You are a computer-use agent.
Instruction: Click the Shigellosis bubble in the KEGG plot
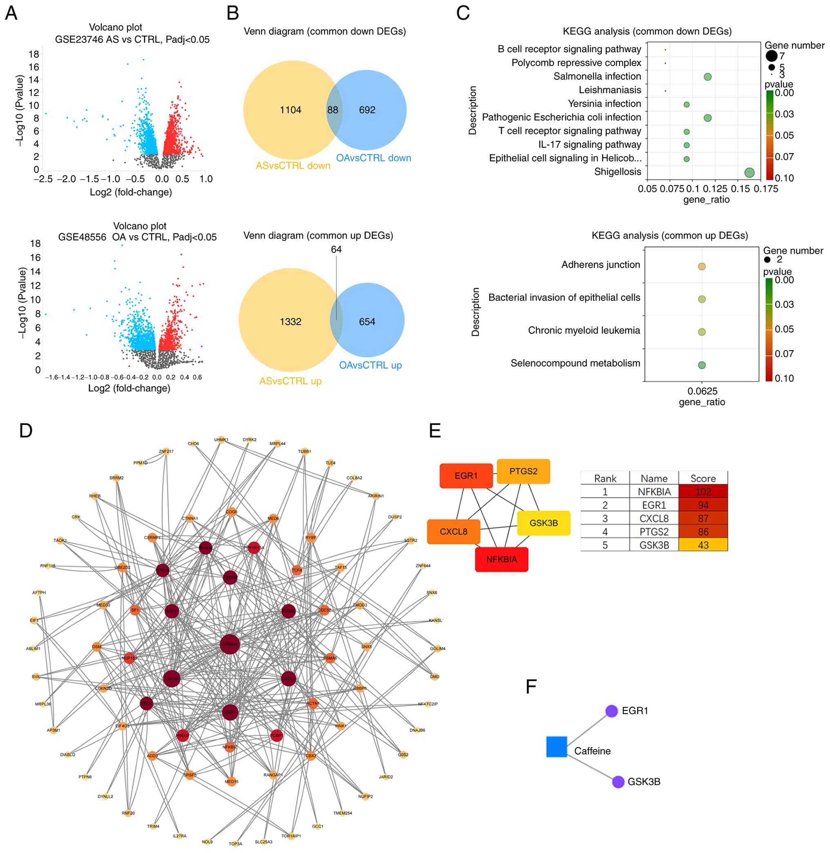(x=749, y=173)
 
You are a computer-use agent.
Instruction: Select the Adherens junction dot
(x=701, y=266)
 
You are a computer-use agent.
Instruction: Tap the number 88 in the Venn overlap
(x=332, y=110)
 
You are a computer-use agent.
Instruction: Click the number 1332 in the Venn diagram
(x=290, y=322)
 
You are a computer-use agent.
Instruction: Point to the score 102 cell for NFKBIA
(x=703, y=492)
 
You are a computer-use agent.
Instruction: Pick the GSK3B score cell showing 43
(x=703, y=545)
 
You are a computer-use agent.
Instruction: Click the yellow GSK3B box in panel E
(x=543, y=523)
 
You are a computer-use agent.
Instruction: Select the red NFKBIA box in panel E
(x=501, y=560)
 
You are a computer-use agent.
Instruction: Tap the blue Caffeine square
(x=556, y=747)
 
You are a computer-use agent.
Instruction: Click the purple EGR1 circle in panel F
(x=611, y=711)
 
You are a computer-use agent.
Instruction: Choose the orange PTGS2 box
(x=523, y=471)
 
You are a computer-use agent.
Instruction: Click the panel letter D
(x=26, y=431)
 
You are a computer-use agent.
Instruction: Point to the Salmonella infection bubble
(x=707, y=77)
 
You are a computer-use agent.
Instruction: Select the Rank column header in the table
(x=605, y=478)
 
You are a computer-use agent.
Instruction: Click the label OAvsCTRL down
(x=373, y=158)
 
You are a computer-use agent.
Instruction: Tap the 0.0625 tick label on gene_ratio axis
(x=702, y=391)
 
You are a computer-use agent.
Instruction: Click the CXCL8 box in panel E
(x=453, y=531)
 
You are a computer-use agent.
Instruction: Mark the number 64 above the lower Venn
(x=336, y=250)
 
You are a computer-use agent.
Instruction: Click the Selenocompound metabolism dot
(x=701, y=365)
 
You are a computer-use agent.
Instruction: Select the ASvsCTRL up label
(x=290, y=381)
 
